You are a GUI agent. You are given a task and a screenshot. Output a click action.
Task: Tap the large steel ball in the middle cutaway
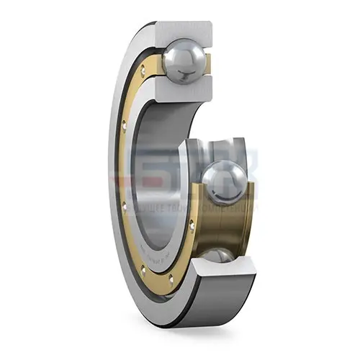pos(225,183)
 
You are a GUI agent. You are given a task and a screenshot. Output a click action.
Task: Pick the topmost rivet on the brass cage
pos(143,70)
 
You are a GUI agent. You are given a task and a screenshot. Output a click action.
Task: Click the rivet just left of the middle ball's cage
pos(192,225)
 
